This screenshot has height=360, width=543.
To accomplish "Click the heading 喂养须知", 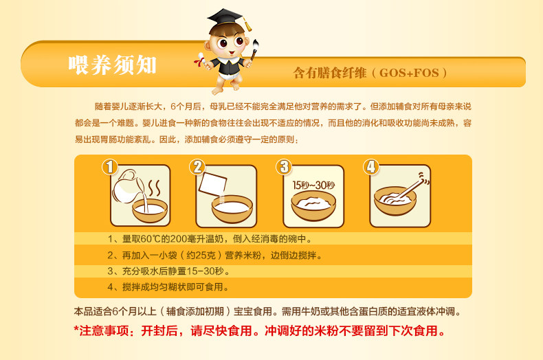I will [x=113, y=65].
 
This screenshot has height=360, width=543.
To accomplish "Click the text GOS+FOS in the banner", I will [x=410, y=72].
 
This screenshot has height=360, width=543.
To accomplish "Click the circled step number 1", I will [x=110, y=167].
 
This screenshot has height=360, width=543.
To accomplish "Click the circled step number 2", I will [x=197, y=167].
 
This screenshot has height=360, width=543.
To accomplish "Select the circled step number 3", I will [x=285, y=167].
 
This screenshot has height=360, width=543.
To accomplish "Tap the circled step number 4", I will [x=371, y=167].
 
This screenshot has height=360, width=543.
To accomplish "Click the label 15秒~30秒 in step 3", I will [x=313, y=185].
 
